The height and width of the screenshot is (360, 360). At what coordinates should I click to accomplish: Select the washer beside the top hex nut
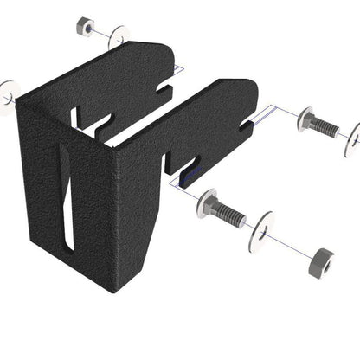pos(119,37)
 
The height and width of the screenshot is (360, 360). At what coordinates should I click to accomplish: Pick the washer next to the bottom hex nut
pos(260,232)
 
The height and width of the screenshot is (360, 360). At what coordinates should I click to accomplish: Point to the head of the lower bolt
pos(209,205)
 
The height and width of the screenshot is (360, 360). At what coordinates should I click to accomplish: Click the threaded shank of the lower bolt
pos(231,215)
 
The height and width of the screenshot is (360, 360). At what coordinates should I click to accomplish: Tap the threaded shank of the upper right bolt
pos(325,127)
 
